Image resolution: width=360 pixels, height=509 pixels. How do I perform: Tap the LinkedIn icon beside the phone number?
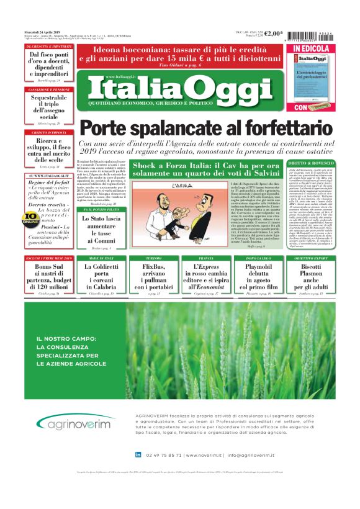point(138,455)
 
